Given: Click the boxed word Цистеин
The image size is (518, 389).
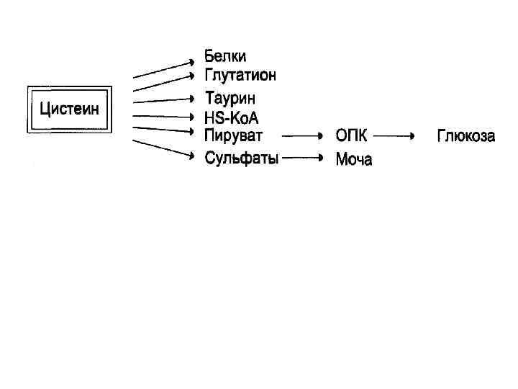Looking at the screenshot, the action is click(x=69, y=109).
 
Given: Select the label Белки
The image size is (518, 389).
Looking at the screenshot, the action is click(x=225, y=56).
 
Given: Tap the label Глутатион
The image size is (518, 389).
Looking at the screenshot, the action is click(x=240, y=75).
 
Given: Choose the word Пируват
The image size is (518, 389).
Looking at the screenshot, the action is click(x=234, y=135).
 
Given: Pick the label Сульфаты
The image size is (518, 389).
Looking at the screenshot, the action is click(x=241, y=158).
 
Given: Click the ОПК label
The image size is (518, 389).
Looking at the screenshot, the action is click(x=351, y=135).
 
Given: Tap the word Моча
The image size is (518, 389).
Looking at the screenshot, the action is click(x=354, y=159).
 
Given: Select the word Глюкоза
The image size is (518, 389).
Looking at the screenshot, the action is click(x=466, y=135).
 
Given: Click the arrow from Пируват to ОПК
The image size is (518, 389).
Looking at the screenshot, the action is click(x=301, y=135).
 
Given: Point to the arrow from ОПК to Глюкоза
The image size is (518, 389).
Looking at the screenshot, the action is click(x=394, y=135).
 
